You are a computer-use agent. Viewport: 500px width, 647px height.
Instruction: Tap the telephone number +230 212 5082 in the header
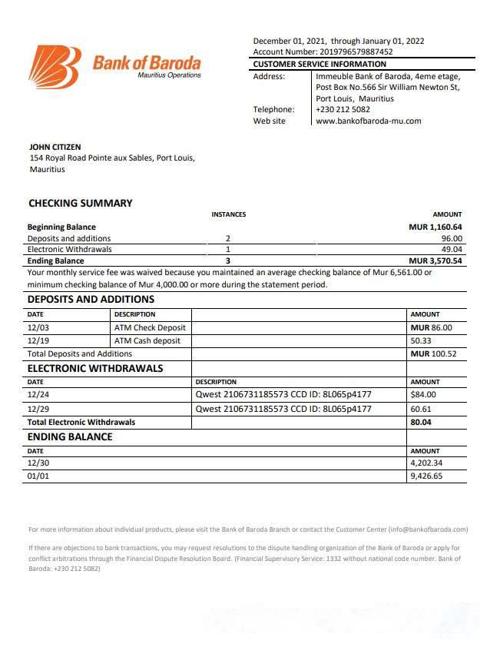tap(343, 109)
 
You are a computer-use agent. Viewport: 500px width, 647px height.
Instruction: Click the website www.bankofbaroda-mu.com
tap(368, 121)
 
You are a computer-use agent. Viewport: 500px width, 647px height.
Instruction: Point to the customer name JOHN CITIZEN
tap(55, 147)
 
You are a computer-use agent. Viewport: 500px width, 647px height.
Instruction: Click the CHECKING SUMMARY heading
tap(81, 204)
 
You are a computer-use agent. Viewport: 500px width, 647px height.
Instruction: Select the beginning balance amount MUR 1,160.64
tap(435, 227)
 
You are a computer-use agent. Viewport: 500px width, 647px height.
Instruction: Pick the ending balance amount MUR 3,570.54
tap(435, 260)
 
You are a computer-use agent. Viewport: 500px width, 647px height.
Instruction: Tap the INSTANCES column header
tap(228, 214)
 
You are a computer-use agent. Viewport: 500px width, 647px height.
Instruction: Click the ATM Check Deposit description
tap(150, 327)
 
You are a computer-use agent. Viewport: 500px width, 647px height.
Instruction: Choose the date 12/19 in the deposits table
tap(38, 340)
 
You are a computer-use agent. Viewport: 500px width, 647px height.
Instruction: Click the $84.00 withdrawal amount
tap(423, 395)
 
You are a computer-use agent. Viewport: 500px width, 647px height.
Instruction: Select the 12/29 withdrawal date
tap(38, 409)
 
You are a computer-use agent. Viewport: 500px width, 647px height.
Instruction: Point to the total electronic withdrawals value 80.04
tap(421, 422)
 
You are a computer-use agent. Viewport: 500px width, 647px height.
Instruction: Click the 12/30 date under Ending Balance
tap(38, 463)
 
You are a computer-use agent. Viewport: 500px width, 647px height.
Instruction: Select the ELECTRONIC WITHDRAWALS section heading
tap(95, 368)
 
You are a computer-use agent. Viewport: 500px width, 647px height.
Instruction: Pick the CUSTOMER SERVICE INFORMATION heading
tap(320, 65)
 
